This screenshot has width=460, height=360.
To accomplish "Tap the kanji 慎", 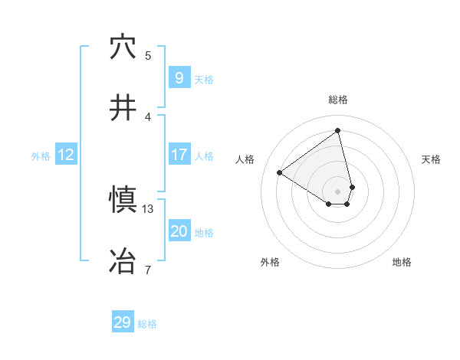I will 123,201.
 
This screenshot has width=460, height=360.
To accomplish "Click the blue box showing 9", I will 179,77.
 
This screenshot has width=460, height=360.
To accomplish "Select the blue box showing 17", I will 179,155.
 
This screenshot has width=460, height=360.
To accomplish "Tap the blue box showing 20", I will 179,231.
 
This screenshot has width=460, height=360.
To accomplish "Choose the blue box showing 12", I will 65,155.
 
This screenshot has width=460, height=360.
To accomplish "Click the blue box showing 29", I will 122,322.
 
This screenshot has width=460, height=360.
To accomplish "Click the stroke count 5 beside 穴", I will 148,55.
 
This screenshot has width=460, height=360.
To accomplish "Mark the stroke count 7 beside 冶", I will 148,270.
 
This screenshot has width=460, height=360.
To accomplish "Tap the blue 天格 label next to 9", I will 204,79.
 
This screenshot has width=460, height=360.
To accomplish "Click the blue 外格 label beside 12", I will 41,156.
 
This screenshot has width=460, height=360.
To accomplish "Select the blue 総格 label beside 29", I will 147,324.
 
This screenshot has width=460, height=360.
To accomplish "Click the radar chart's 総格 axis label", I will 338,100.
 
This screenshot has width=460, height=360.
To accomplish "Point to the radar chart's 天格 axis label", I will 432,159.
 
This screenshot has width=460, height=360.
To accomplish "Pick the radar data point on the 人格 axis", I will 280,172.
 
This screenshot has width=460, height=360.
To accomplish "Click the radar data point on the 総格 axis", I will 338,130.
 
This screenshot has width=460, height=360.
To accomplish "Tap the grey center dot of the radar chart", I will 338,191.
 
